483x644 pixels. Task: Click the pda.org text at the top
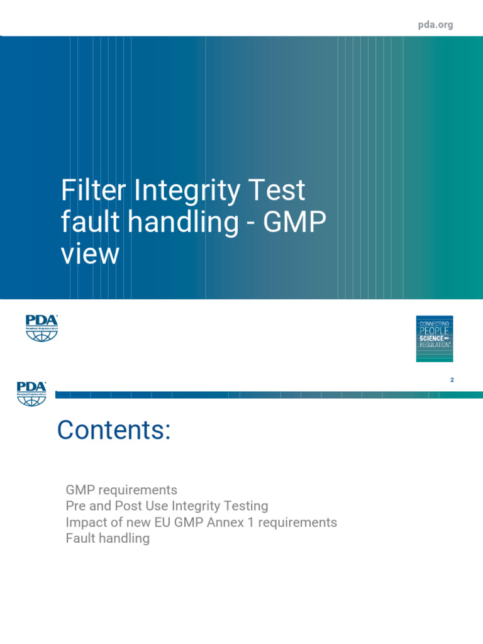(x=435, y=25)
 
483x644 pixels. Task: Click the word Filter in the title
(x=89, y=190)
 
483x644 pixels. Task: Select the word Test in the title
(x=281, y=190)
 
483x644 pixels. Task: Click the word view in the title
(x=90, y=254)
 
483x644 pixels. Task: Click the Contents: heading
(x=114, y=430)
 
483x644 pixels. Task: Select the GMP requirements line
(x=121, y=489)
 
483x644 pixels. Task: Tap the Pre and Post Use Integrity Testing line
(x=167, y=506)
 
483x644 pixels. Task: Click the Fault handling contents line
(x=108, y=538)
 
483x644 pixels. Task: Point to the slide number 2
(x=452, y=380)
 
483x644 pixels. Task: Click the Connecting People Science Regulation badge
(x=434, y=338)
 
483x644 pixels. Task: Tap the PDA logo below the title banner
(x=42, y=328)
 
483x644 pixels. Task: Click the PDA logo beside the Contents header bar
(x=32, y=393)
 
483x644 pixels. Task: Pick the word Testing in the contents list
(x=247, y=506)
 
